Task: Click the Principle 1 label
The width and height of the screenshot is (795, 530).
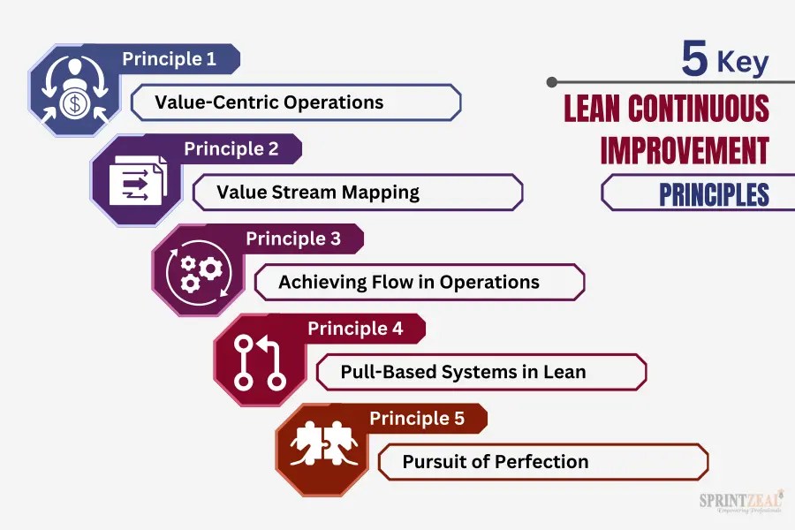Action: pyautogui.click(x=169, y=59)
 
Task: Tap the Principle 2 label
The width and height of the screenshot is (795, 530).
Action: pyautogui.click(x=231, y=148)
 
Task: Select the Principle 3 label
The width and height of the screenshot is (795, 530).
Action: pyautogui.click(x=292, y=238)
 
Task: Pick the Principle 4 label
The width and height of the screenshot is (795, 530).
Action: pyautogui.click(x=355, y=329)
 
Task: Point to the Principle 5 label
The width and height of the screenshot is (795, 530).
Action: pyautogui.click(x=417, y=418)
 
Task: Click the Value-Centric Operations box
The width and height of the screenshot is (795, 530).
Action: pyautogui.click(x=296, y=102)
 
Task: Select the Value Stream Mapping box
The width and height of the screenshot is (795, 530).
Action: pyautogui.click(x=358, y=192)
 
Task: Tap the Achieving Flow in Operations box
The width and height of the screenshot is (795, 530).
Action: pyautogui.click(x=420, y=283)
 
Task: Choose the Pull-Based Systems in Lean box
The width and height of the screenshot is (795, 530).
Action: pyautogui.click(x=481, y=372)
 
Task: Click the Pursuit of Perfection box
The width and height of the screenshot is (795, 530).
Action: pyautogui.click(x=543, y=462)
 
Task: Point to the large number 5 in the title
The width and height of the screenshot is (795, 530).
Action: pyautogui.click(x=694, y=60)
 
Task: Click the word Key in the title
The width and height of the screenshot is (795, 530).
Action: pyautogui.click(x=742, y=63)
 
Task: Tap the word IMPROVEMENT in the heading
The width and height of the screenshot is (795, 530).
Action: pyautogui.click(x=685, y=150)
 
